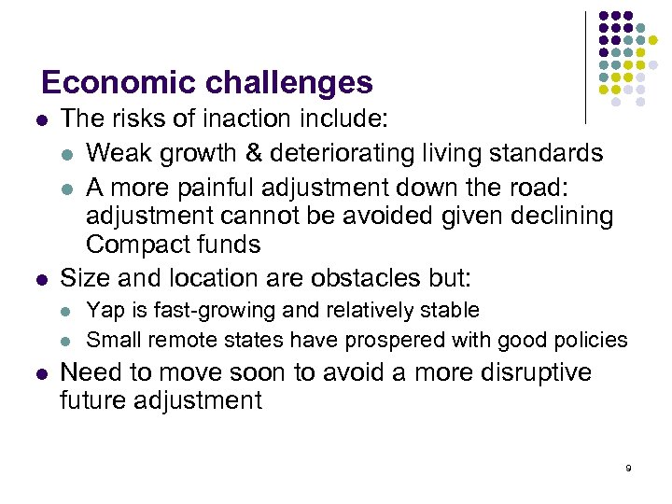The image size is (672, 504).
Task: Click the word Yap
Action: point(102,310)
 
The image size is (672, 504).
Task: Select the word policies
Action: point(593,339)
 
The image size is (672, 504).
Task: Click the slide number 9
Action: point(628,468)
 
